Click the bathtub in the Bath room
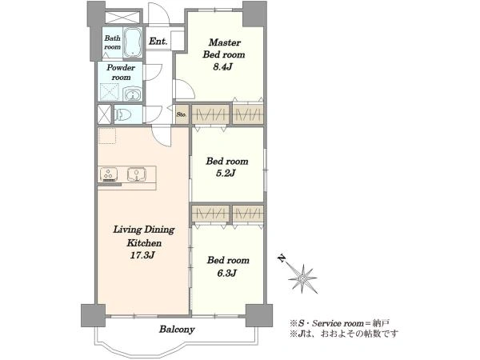tap(133, 42)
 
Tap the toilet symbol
tap(123, 114)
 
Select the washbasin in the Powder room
tap(132, 94)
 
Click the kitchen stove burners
tap(109, 174)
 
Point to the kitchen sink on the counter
tap(137, 174)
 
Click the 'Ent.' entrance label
tap(158, 42)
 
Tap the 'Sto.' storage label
tap(182, 114)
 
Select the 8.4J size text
tap(222, 66)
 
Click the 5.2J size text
tap(226, 174)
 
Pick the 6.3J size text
tap(226, 273)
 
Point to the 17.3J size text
tap(142, 254)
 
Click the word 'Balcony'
tap(177, 330)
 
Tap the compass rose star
tap(302, 278)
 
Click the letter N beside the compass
tap(282, 258)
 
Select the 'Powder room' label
tap(121, 72)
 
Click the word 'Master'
tap(225, 42)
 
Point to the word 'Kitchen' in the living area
tap(144, 242)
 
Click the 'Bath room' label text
tap(112, 42)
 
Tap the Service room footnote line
tap(339, 323)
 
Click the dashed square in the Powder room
tap(110, 92)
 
